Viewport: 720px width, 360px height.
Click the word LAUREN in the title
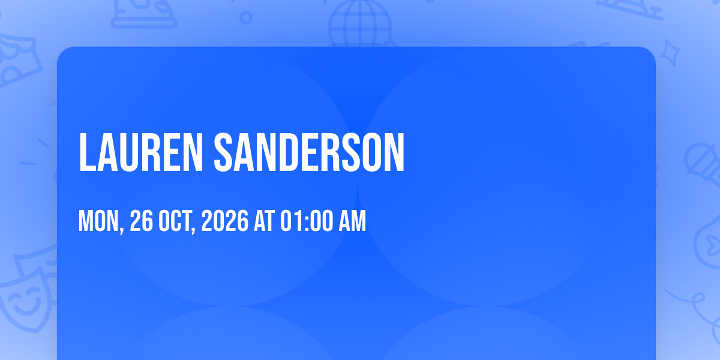coord(141,152)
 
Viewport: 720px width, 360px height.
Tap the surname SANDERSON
coord(309,152)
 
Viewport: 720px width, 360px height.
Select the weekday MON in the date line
coord(98,221)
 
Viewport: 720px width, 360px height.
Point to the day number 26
coord(141,221)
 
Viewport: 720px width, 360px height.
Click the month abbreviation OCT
coord(175,221)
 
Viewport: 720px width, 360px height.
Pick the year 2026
coord(225,221)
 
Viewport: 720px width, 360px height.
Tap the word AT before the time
coord(264,221)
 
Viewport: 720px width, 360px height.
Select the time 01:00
coord(307,221)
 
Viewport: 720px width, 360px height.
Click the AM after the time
coord(353,221)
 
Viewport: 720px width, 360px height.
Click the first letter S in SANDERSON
coord(224,152)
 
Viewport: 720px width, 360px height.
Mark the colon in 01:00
coord(307,222)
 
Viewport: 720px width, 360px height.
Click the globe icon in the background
coord(360,23)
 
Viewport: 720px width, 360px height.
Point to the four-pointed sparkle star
coord(669,53)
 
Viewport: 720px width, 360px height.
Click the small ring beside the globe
coord(246,17)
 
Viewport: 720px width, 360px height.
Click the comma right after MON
coord(121,229)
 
